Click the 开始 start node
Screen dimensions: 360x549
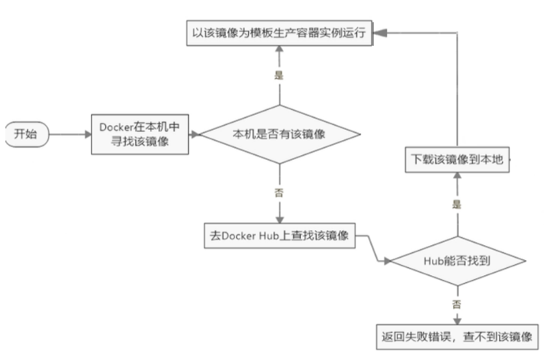click(x=27, y=135)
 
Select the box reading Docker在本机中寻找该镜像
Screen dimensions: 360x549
click(x=140, y=135)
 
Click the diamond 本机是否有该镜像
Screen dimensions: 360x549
click(x=279, y=135)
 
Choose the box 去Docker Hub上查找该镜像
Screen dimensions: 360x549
click(x=279, y=236)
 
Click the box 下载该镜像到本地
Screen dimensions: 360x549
click(x=457, y=159)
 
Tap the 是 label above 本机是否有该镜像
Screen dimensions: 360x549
click(x=279, y=76)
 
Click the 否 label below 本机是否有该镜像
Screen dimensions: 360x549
click(x=279, y=193)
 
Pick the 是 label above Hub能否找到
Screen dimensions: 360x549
click(x=457, y=204)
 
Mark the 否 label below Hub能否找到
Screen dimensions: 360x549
click(x=457, y=303)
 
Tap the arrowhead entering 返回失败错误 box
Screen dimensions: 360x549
click(x=457, y=319)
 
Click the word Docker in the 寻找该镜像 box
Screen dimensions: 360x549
click(x=113, y=128)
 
